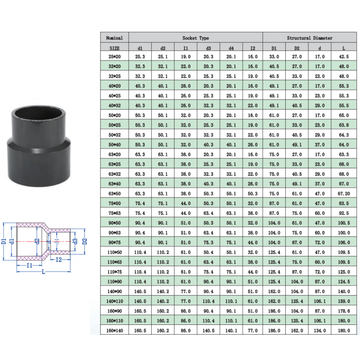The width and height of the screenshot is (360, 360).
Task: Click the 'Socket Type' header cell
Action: [196, 38]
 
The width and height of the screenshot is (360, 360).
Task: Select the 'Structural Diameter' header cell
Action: [310, 38]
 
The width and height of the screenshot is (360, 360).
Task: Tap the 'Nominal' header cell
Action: [114, 38]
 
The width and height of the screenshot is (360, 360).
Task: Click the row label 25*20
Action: [115, 57]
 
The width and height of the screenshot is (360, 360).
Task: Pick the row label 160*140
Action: [115, 331]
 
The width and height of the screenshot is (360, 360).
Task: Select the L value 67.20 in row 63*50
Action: [344, 193]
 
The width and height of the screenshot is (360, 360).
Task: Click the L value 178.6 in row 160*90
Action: [344, 311]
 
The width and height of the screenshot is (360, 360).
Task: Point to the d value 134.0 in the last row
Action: [320, 331]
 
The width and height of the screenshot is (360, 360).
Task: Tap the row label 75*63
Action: [115, 213]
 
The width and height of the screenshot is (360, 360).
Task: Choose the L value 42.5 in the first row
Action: [344, 57]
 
